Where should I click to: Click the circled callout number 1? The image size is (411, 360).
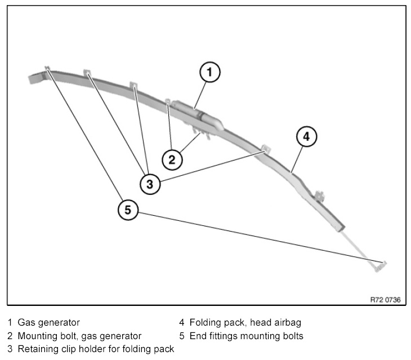coord(209,72)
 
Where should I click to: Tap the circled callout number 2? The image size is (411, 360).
coord(172,159)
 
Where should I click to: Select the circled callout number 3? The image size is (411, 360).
coord(150,183)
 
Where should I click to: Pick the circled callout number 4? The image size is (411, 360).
coord(306,136)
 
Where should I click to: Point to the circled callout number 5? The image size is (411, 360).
coord(128,210)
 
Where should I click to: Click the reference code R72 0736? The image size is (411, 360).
coord(385,300)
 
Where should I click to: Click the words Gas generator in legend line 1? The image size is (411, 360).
coord(48,323)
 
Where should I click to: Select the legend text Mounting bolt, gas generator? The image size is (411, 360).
coord(79,336)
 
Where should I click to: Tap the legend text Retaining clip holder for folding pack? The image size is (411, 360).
coord(96,349)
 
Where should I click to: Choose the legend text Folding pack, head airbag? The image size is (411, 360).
coord(245,323)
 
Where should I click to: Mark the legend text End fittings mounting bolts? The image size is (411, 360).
coord(247,336)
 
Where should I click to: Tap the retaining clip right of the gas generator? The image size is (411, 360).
coord(265,149)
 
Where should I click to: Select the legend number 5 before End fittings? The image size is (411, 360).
coord(182,336)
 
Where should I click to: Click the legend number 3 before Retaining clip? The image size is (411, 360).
coord(10,349)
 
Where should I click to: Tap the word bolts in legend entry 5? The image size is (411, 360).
coord(292,336)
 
